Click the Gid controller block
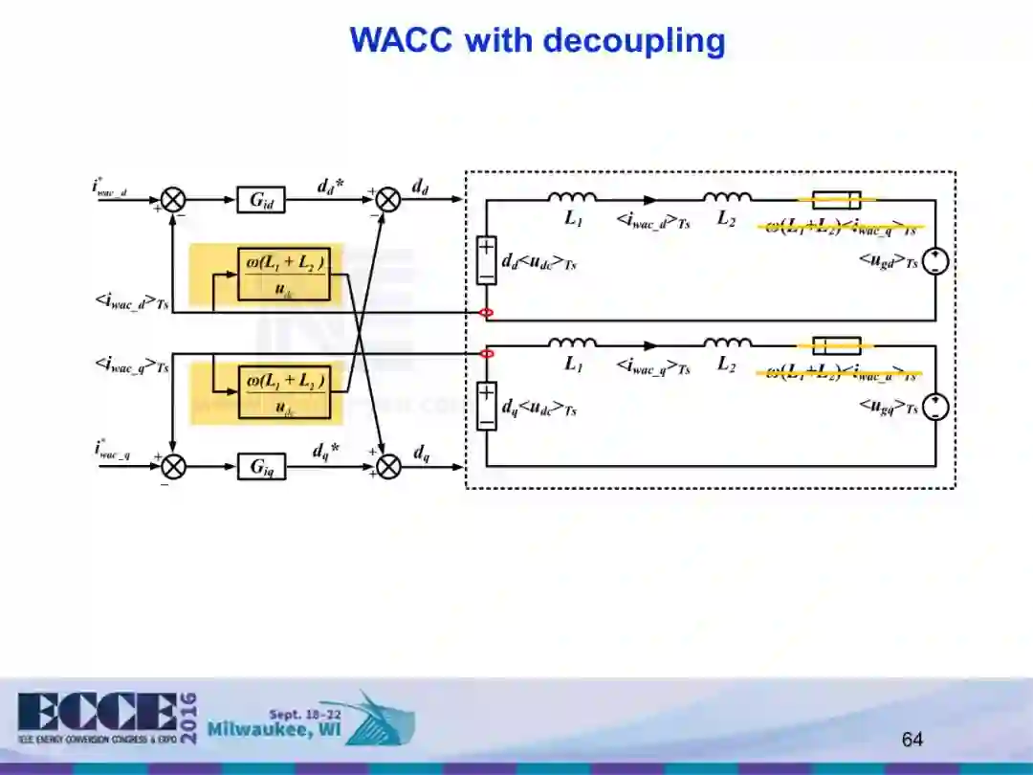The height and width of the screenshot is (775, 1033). pos(261,200)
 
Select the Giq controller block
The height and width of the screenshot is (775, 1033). pos(261,467)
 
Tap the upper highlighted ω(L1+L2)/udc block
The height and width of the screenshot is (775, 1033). pos(283,274)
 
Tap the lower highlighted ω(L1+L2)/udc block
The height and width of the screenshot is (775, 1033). pos(283,391)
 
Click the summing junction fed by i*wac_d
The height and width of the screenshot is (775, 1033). pos(173,200)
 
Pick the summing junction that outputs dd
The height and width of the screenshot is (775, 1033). pos(387,200)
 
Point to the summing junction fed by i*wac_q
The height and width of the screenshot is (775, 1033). pos(173,467)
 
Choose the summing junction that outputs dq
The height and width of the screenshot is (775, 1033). pos(387,467)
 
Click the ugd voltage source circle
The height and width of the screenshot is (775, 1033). pos(935,261)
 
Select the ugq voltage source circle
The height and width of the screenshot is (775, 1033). pos(935,407)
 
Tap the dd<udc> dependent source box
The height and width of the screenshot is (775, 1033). pos(487,260)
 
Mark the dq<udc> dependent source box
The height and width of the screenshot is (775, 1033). pos(487,406)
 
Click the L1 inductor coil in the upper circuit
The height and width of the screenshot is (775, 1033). pos(572,198)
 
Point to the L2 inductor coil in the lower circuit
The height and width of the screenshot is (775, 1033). pos(727,343)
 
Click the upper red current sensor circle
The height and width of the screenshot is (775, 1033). pos(487,313)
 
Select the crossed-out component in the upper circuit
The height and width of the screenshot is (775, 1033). pos(836,200)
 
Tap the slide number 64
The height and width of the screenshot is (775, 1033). pos(912,739)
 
